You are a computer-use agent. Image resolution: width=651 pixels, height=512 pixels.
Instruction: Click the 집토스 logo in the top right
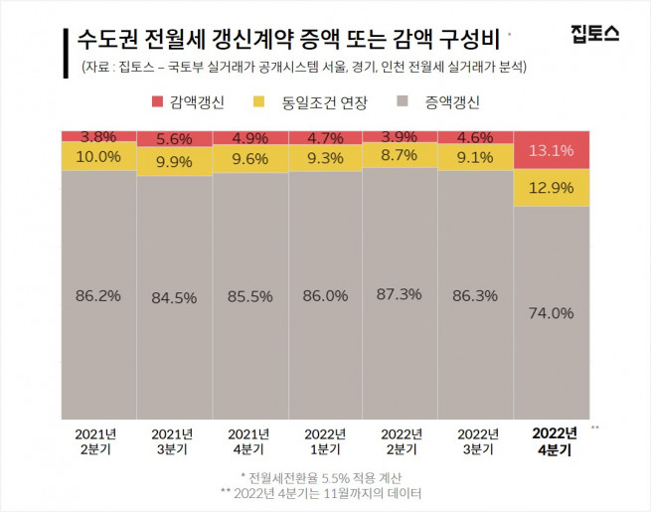(x=595, y=35)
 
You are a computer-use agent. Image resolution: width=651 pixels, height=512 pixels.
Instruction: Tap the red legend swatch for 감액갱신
(x=157, y=101)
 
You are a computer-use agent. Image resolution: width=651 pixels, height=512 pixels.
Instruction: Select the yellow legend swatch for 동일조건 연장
(x=258, y=101)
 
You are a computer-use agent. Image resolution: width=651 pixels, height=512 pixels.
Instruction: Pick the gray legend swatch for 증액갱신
(x=402, y=101)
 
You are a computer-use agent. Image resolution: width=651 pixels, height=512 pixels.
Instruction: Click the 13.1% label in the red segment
(x=551, y=152)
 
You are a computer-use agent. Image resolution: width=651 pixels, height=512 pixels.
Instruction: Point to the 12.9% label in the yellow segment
(x=551, y=188)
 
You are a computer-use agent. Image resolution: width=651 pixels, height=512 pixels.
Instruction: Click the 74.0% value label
(x=551, y=312)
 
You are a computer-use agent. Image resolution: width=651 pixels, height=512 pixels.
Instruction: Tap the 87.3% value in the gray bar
(x=401, y=294)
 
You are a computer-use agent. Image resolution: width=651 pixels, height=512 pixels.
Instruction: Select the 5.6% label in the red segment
(x=174, y=140)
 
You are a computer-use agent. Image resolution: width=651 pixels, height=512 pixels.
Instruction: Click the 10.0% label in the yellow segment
(x=98, y=157)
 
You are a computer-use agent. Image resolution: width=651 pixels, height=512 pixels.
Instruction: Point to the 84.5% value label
(x=174, y=297)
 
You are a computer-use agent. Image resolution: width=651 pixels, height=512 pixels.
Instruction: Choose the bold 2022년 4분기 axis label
(x=555, y=440)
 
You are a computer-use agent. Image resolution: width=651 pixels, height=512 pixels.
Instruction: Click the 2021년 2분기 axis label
(x=98, y=440)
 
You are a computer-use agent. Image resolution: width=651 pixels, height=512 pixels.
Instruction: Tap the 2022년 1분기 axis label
(x=325, y=440)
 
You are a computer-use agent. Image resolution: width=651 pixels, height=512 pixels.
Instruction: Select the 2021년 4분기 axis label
(x=249, y=440)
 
